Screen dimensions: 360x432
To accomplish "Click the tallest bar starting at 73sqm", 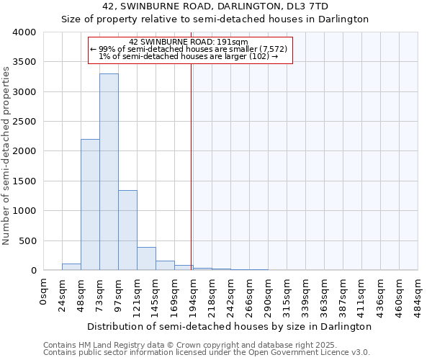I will click(x=109, y=173).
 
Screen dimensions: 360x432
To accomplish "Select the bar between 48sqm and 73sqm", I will click(x=90, y=205).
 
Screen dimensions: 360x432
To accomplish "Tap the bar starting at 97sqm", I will click(x=127, y=230).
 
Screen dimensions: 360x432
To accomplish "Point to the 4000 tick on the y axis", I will click(x=24, y=33).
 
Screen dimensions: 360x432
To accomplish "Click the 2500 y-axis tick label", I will click(x=24, y=122).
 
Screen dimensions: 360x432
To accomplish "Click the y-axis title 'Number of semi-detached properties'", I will click(x=6, y=156).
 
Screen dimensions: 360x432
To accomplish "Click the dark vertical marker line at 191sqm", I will click(x=191, y=166).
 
